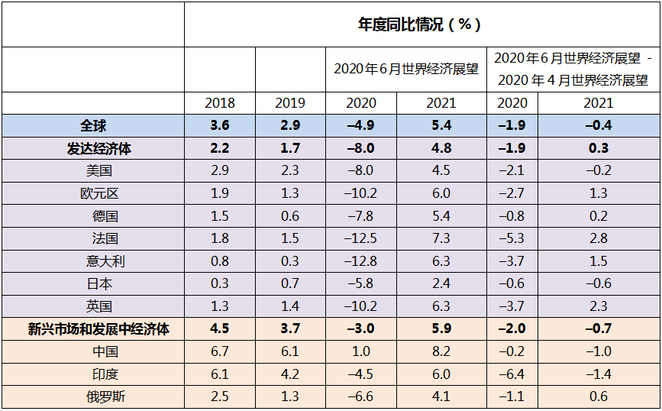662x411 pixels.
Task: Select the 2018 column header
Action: pos(220,103)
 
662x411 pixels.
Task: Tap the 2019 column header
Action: pos(290,103)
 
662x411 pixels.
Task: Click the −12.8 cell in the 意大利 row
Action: pos(361,261)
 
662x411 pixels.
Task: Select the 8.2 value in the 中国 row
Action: pos(441,351)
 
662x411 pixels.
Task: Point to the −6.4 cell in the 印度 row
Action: pos(512,374)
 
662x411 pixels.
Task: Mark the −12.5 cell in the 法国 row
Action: pos(361,239)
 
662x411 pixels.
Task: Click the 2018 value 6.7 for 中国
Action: pos(220,351)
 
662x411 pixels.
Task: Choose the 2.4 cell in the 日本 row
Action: pos(441,284)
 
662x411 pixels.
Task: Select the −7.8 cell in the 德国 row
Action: pos(361,216)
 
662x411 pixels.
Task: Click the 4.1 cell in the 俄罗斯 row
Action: pos(441,396)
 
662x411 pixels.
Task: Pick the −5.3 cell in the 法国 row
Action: pos(512,239)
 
